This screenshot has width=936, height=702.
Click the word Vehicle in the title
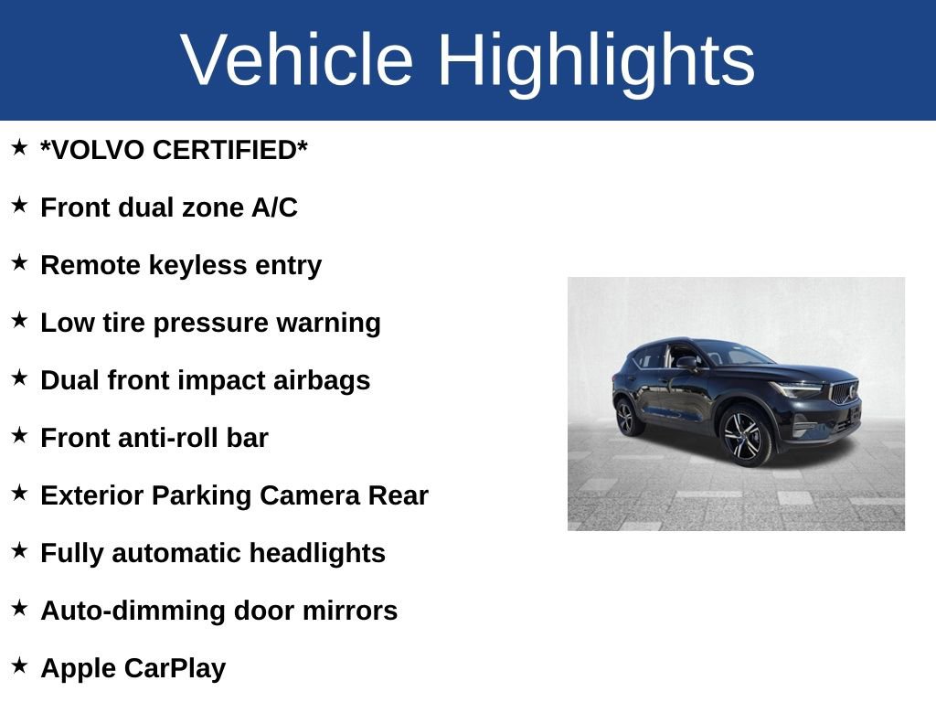tap(298, 59)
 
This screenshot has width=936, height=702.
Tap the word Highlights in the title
tap(596, 59)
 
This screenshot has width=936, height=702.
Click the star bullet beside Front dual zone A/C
tap(19, 206)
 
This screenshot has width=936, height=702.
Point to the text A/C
tap(274, 207)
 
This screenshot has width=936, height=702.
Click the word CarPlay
tap(175, 668)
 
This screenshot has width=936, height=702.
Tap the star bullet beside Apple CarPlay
tap(19, 666)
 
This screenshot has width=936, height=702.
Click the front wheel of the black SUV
tap(745, 436)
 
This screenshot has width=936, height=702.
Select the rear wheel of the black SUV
tap(626, 417)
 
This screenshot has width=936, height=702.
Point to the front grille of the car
tap(844, 393)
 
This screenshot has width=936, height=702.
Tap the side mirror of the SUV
tap(686, 363)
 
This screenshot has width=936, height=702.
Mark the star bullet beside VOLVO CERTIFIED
tap(19, 148)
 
